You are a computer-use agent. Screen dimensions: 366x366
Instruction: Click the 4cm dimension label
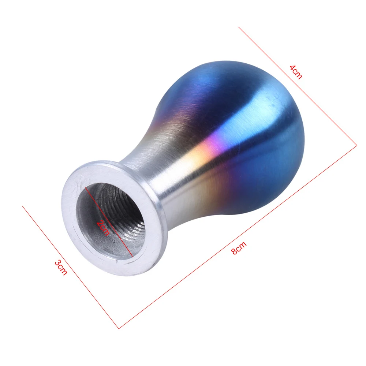pos(296,72)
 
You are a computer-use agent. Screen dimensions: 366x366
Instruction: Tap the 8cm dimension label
pos(239,248)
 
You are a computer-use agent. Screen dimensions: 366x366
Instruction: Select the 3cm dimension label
pos(61,268)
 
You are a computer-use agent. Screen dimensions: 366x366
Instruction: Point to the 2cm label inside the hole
pos(103,227)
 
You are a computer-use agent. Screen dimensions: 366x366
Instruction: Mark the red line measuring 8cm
pos(238,237)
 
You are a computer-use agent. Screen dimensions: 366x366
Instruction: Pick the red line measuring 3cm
pos(71,267)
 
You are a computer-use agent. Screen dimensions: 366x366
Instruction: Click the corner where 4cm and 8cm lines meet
pos(357,146)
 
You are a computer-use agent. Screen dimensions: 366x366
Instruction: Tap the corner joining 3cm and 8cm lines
pos(119,329)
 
